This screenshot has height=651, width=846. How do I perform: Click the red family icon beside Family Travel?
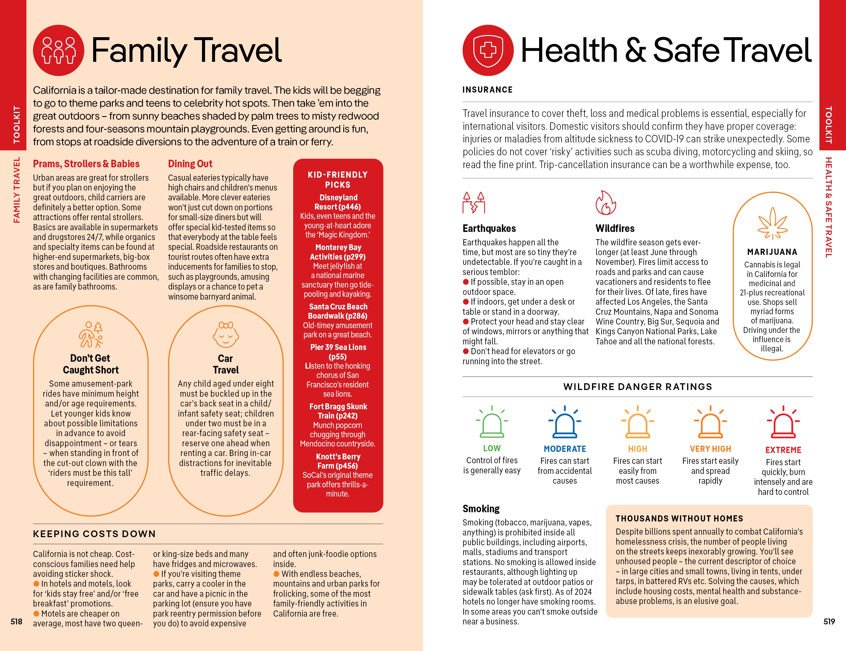click(58, 50)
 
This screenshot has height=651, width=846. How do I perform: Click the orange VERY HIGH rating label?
click(710, 449)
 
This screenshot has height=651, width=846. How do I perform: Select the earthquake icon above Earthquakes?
click(474, 203)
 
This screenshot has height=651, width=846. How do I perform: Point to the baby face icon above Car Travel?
click(225, 335)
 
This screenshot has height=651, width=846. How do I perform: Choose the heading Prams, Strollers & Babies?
click(86, 164)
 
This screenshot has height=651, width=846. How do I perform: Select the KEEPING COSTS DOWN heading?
click(94, 534)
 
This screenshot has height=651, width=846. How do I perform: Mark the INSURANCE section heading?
click(487, 90)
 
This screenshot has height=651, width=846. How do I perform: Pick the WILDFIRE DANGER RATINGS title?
click(637, 387)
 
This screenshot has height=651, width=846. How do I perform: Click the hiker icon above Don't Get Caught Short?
click(91, 335)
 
